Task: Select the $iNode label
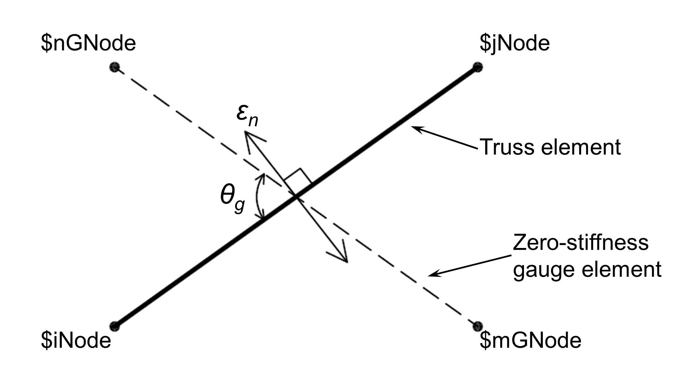76,340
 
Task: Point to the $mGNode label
530,340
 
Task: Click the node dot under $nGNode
115,67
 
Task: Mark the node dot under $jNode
477,67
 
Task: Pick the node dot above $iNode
115,326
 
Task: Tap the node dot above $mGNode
477,326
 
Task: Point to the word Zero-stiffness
580,243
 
